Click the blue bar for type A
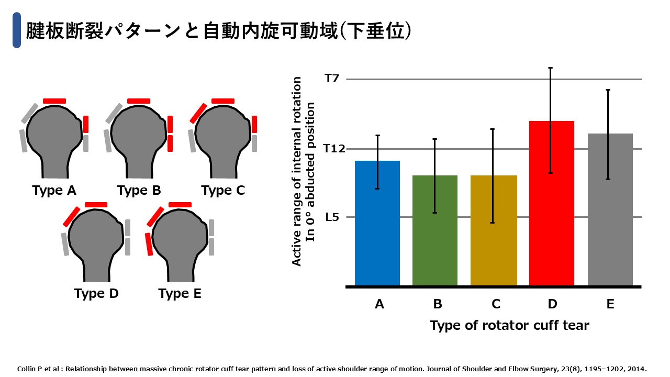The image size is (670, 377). [377, 223]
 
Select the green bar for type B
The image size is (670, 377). [435, 231]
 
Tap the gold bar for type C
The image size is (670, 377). [494, 231]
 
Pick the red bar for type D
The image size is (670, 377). [552, 204]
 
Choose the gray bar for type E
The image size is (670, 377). [610, 210]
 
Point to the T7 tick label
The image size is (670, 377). [332, 79]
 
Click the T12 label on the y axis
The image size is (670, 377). [334, 148]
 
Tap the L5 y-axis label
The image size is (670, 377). [332, 217]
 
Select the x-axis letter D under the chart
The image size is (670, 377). [552, 304]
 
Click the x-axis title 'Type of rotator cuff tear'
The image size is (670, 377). [509, 326]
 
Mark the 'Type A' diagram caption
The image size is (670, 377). [54, 191]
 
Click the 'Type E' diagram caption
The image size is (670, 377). [180, 294]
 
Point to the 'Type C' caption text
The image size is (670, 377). [223, 191]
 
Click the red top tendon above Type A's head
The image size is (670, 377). [54, 101]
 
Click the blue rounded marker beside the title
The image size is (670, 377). [17, 30]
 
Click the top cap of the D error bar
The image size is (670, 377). [550, 68]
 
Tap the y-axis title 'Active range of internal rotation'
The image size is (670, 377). [296, 171]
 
